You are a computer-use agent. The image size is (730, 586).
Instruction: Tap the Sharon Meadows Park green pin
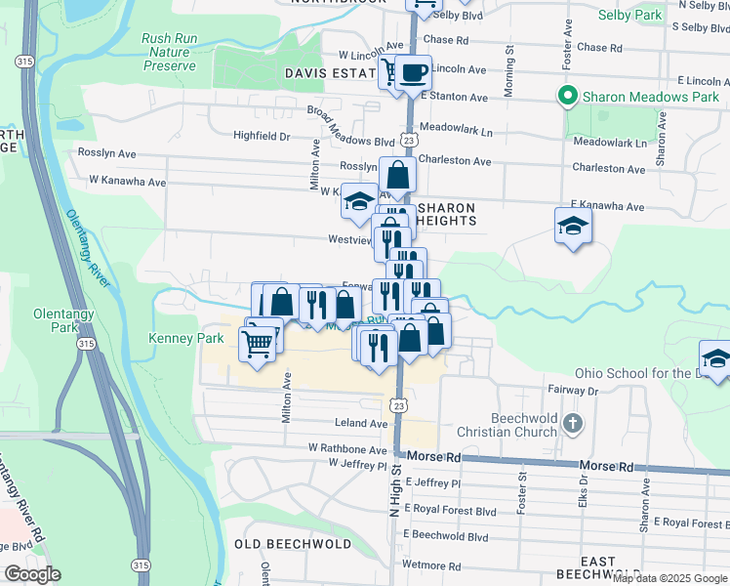pyautogui.click(x=565, y=96)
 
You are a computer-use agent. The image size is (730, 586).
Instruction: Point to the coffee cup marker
pyautogui.click(x=413, y=71)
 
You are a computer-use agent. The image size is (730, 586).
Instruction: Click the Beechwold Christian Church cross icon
pyautogui.click(x=572, y=425)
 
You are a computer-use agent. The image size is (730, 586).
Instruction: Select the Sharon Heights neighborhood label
pyautogui.click(x=446, y=214)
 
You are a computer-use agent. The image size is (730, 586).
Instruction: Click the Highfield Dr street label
pyautogui.click(x=262, y=136)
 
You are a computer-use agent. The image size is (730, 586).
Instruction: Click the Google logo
pyautogui.click(x=32, y=574)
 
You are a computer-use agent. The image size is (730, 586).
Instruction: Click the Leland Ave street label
pyautogui.click(x=362, y=424)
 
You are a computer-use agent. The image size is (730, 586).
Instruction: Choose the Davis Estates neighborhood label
pyautogui.click(x=330, y=73)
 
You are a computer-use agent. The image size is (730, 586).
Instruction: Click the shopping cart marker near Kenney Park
pyautogui.click(x=257, y=343)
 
